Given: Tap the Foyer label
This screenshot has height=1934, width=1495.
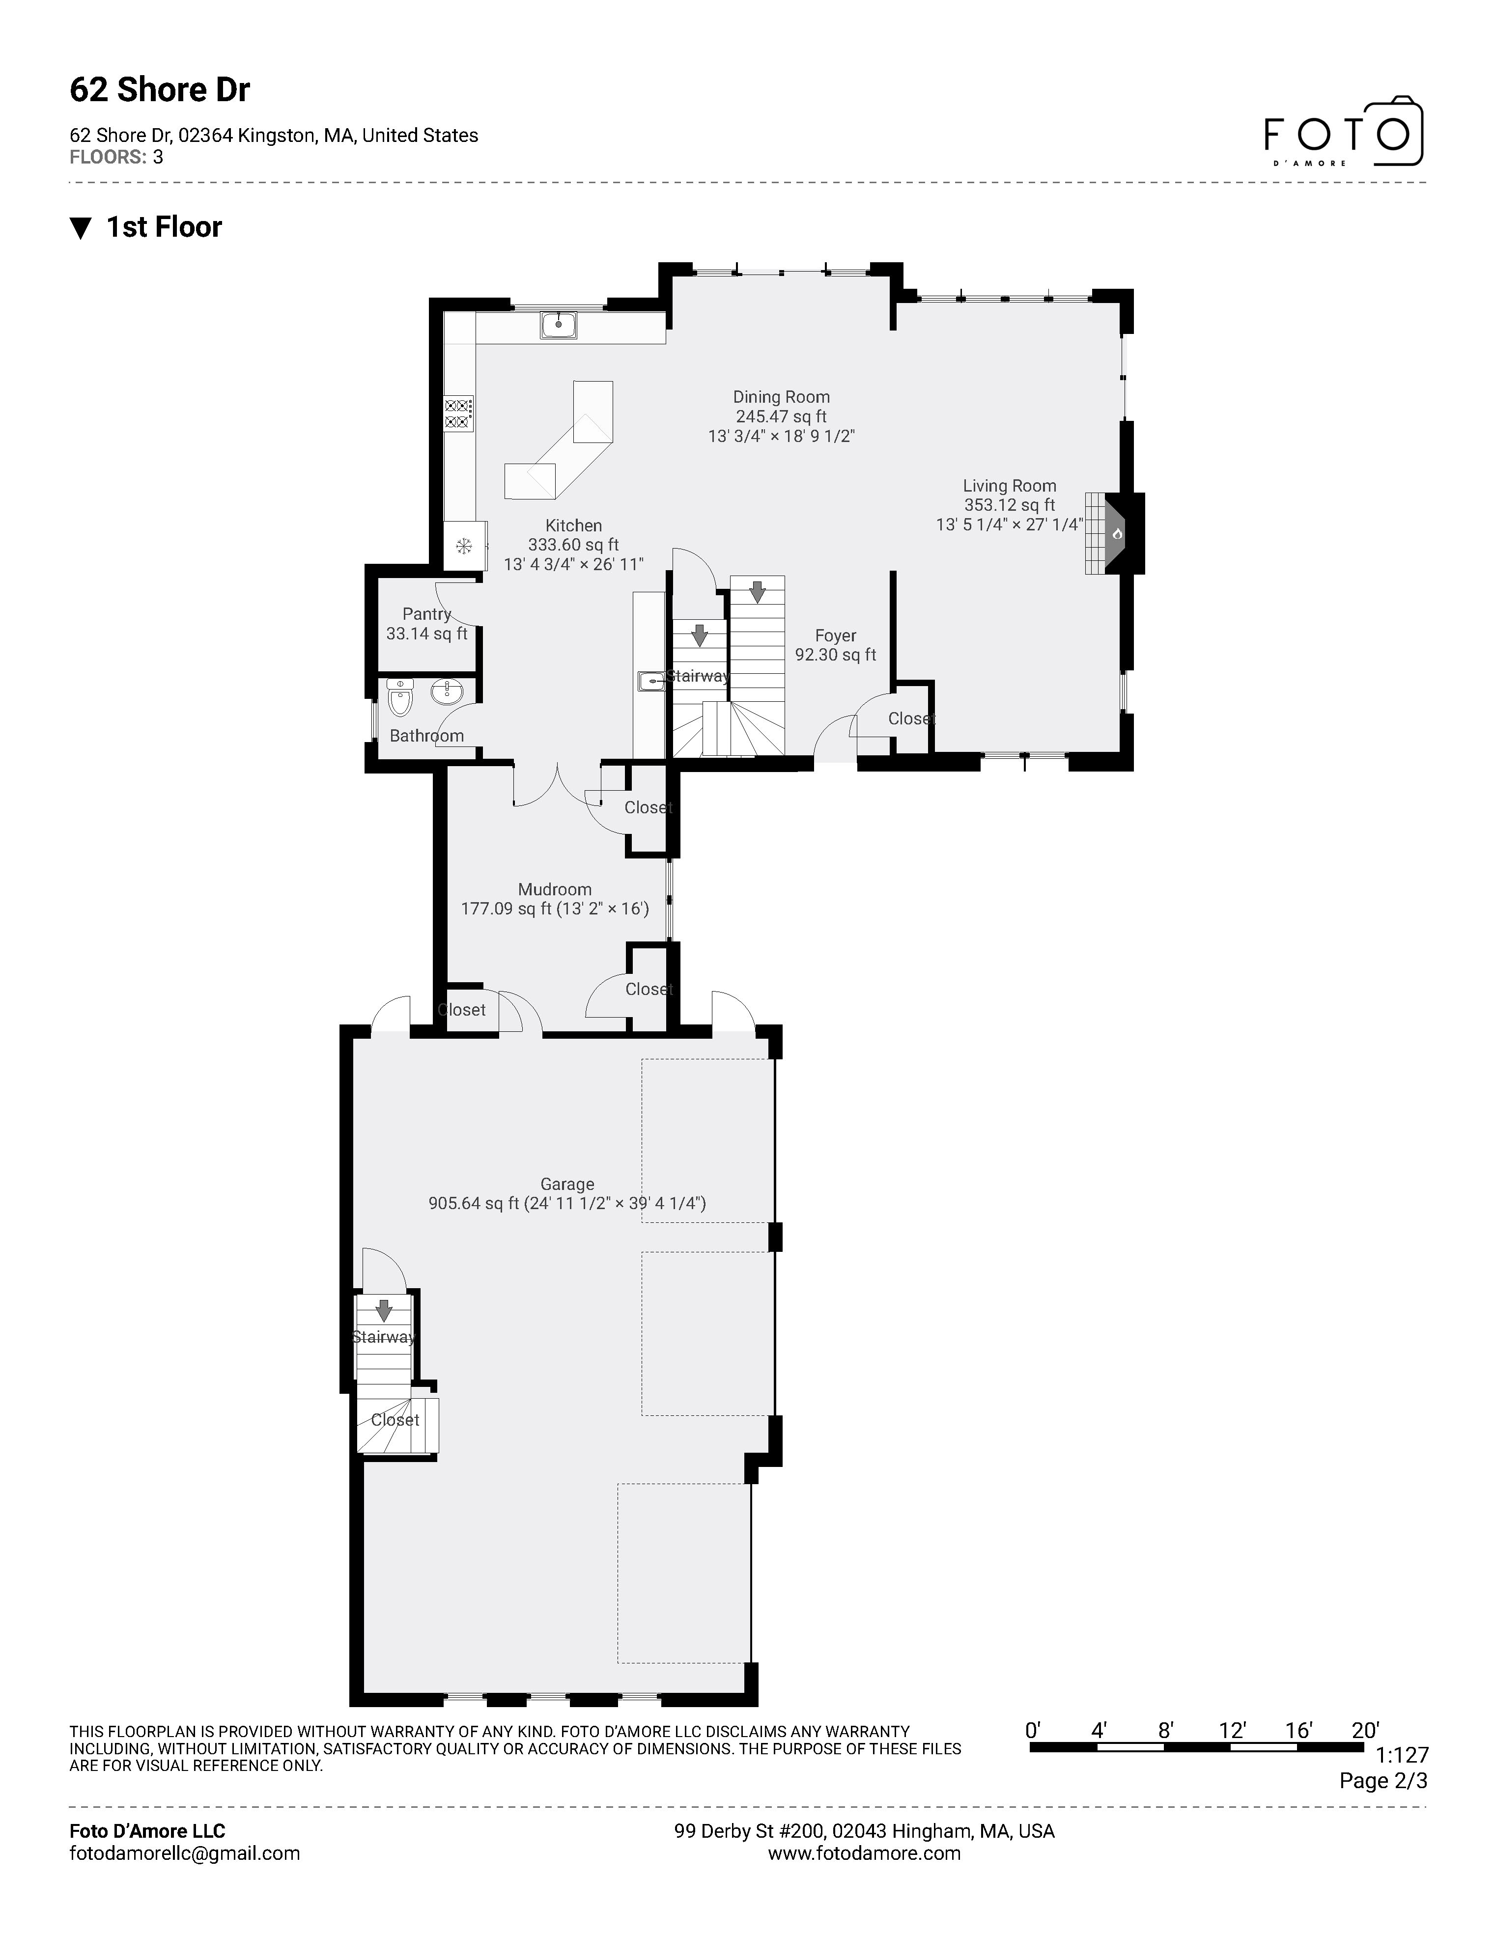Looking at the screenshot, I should tap(835, 636).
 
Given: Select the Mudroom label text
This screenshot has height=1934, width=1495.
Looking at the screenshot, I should tap(555, 889).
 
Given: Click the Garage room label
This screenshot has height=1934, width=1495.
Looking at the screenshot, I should tap(567, 1184).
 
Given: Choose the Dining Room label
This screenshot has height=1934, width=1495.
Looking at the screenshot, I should tap(781, 397).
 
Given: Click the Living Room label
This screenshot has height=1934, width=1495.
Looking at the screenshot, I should tap(1010, 485).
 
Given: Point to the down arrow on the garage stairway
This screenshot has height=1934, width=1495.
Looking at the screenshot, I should tap(384, 1309).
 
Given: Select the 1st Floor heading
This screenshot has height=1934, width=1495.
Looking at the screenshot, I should tap(164, 227).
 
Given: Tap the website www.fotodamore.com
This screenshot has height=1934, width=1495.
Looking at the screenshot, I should tap(864, 1853).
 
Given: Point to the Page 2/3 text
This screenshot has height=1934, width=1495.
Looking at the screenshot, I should tap(1382, 1781).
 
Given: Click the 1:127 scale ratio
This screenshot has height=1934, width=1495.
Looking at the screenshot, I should tap(1402, 1755).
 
